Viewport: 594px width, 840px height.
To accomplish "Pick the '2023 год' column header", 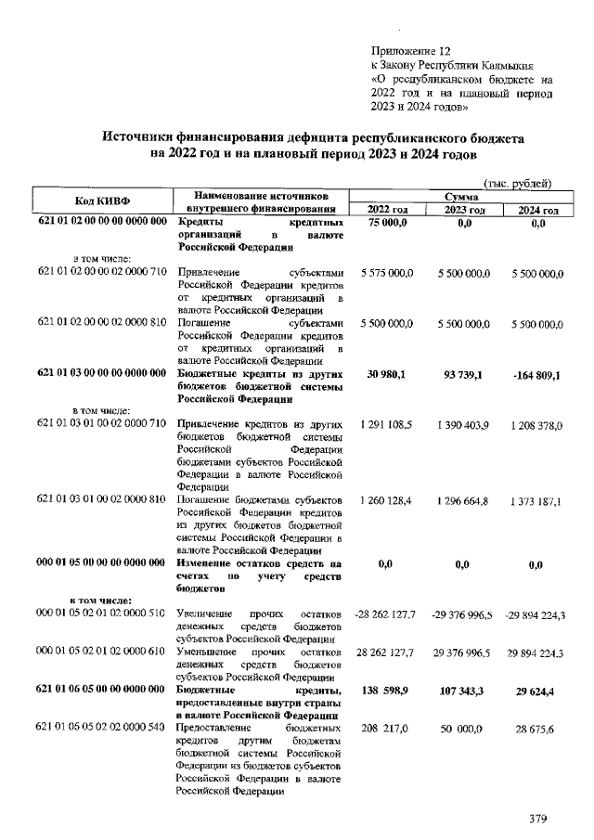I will [x=460, y=211].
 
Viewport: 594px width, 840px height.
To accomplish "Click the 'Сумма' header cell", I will [x=460, y=197].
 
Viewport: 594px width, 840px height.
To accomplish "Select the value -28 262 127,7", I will [x=384, y=615].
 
